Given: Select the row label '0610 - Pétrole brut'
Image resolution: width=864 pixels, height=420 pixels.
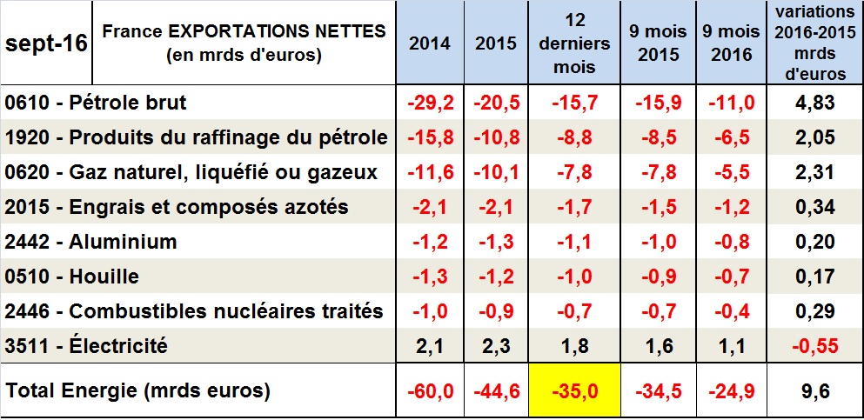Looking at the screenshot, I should coord(96,103).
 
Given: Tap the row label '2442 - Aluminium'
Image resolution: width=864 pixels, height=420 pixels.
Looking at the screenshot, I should coord(90,243).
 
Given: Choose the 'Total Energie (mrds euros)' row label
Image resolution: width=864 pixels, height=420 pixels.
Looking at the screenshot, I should coord(137,391).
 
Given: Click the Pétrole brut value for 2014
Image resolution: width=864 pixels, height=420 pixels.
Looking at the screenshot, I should coord(430,103).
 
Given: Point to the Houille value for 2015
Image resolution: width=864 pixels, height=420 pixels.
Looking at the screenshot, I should coord(497,277).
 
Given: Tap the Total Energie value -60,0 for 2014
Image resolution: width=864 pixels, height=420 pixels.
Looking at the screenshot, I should coord(430,391).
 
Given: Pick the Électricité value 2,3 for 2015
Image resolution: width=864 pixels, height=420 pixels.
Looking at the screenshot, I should coord(497,346).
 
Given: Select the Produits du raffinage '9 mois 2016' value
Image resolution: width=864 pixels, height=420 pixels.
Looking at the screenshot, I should coord(731,138).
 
